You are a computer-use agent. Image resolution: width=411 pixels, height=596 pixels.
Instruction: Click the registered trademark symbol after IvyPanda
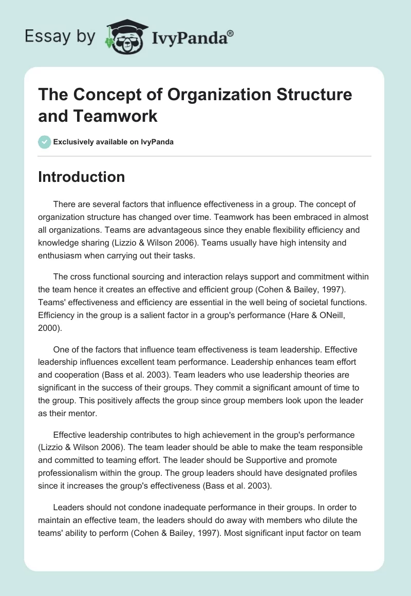230,33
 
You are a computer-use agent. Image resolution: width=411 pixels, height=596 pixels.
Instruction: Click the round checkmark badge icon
45,142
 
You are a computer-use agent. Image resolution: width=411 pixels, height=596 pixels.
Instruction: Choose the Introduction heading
82,177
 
